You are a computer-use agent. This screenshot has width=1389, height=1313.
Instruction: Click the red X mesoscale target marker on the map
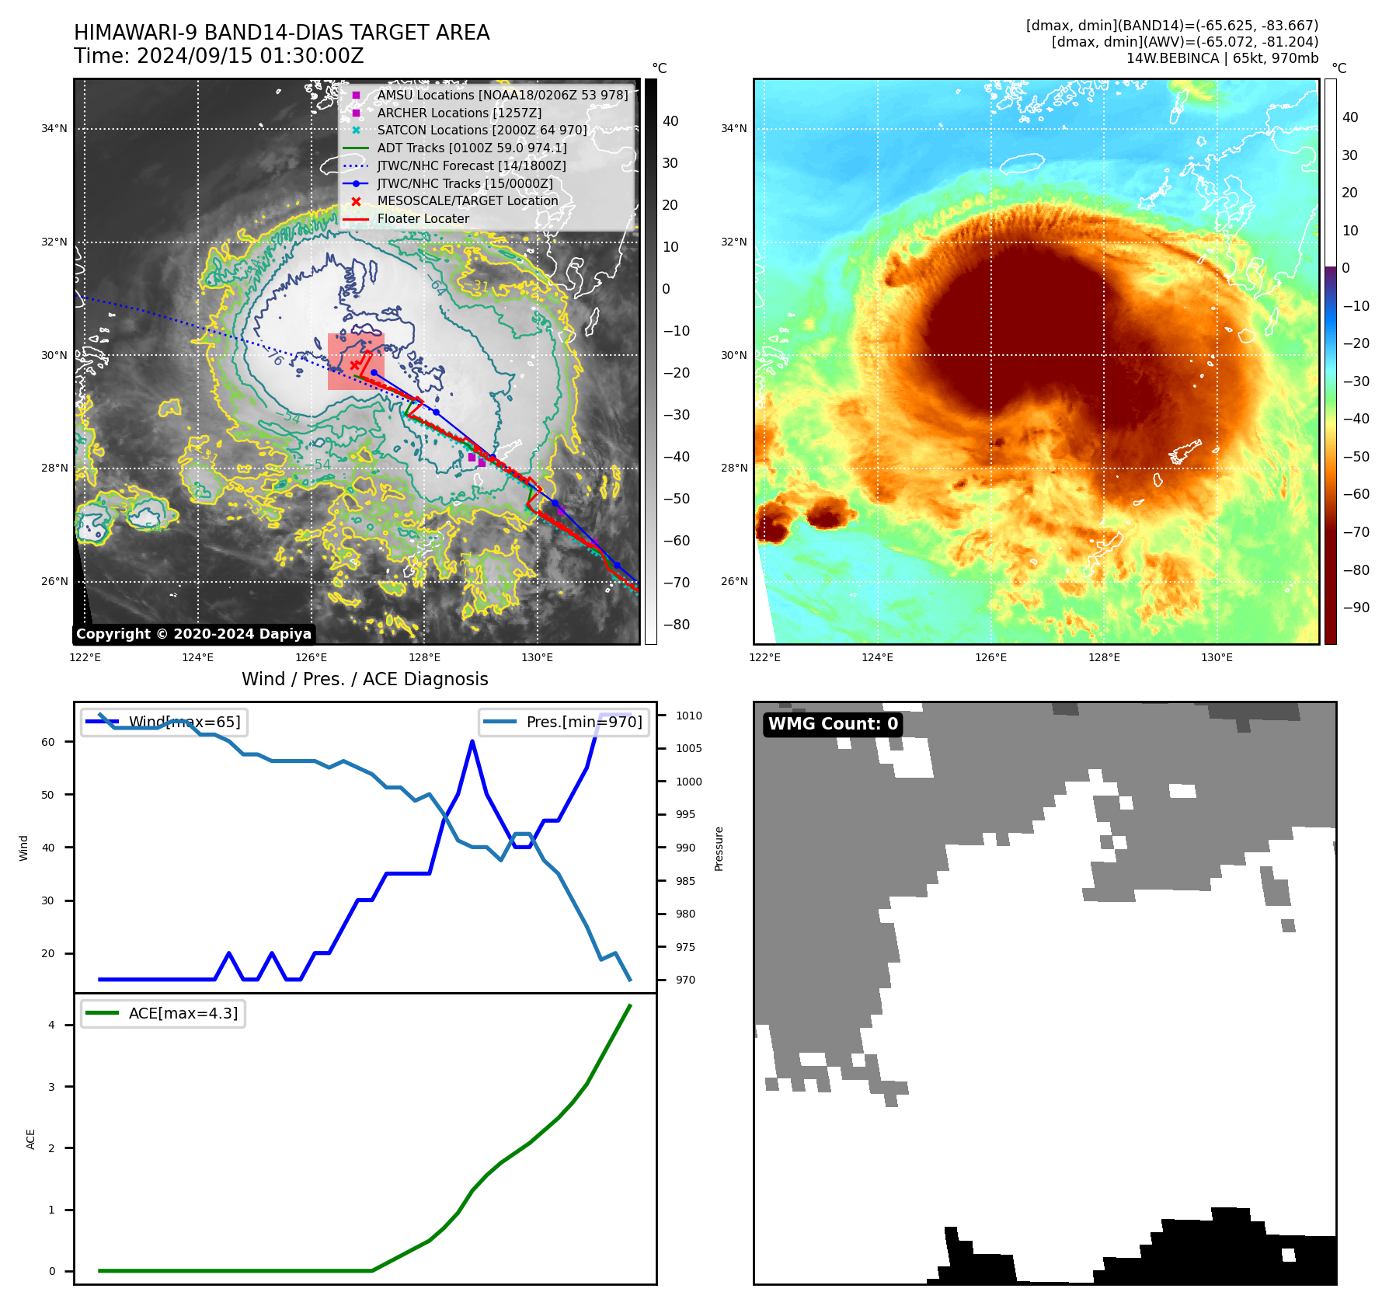click(355, 364)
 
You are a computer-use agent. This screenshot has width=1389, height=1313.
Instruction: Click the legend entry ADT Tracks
click(472, 148)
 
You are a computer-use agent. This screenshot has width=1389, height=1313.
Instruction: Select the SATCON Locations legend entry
click(482, 130)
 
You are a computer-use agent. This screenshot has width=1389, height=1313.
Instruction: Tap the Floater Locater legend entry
click(423, 218)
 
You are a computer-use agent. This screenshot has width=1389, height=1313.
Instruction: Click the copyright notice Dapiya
click(193, 634)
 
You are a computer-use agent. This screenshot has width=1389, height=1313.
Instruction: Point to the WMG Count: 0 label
click(833, 724)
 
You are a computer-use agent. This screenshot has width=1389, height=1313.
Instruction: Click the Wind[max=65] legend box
click(164, 722)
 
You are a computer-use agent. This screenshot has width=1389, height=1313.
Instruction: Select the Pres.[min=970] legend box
click(564, 722)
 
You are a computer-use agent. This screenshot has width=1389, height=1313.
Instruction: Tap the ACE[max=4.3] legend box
click(163, 1013)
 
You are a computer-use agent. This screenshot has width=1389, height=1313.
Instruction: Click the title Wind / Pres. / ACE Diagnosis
click(365, 679)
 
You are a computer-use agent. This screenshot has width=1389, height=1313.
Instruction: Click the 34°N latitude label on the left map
click(54, 129)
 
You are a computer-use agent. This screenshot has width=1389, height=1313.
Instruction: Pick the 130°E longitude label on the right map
click(1217, 657)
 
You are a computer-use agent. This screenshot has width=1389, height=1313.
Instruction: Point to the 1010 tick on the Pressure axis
click(688, 716)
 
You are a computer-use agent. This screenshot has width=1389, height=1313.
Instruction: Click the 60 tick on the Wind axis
click(48, 742)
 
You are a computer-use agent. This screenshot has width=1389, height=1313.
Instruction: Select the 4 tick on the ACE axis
click(51, 1025)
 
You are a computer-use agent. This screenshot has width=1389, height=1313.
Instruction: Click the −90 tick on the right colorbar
click(1356, 608)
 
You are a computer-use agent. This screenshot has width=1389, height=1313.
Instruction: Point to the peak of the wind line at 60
click(472, 741)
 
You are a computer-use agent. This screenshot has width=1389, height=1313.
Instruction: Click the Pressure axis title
click(719, 848)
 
